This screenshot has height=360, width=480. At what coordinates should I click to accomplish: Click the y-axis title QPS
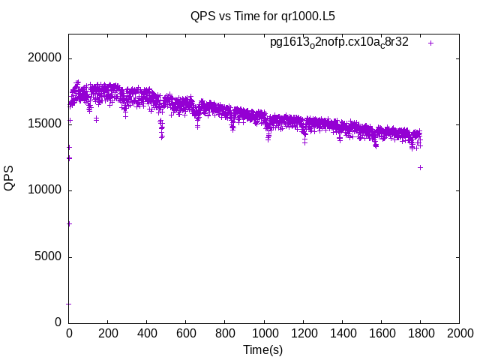[x=10, y=178]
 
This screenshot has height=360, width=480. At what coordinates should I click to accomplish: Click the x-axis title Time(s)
[x=263, y=349]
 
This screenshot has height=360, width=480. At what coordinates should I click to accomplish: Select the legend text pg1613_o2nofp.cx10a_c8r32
[x=339, y=43]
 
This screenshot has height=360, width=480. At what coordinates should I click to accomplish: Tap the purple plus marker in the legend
[x=430, y=43]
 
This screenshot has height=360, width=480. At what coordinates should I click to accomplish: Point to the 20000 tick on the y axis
[x=46, y=58]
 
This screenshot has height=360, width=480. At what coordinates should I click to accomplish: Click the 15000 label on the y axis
[x=46, y=124]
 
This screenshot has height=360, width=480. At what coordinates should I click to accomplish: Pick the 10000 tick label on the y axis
[x=46, y=190]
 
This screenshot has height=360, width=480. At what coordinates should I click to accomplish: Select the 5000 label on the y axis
[x=49, y=256]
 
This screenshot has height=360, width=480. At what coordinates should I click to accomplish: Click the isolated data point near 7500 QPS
[x=69, y=223]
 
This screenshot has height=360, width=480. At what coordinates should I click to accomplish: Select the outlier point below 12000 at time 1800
[x=420, y=167]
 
